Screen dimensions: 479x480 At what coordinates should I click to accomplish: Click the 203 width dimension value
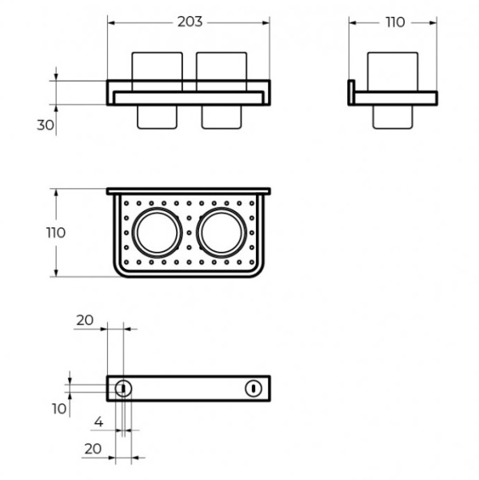coord(190,22)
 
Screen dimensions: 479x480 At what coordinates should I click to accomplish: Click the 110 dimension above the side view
coord(395,22)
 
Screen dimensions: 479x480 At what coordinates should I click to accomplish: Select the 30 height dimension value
coord(46,126)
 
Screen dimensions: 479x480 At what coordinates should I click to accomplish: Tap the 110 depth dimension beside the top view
coord(56,233)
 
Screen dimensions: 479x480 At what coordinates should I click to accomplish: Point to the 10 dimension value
coord(59,409)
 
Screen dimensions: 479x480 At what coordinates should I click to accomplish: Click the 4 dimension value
coord(98,422)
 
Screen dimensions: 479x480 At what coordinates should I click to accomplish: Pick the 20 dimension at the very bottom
coord(93,449)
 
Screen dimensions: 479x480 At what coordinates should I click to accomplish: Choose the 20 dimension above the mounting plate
coord(85,321)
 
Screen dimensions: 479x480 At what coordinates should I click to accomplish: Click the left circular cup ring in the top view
coord(132,233)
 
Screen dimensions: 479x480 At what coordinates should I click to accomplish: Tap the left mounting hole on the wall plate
coord(123,389)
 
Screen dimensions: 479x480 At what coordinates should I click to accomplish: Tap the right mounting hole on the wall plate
coord(253,389)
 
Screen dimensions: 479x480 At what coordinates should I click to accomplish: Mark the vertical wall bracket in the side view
coord(351,93)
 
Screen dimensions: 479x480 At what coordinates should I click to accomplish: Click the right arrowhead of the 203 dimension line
coord(265,22)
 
